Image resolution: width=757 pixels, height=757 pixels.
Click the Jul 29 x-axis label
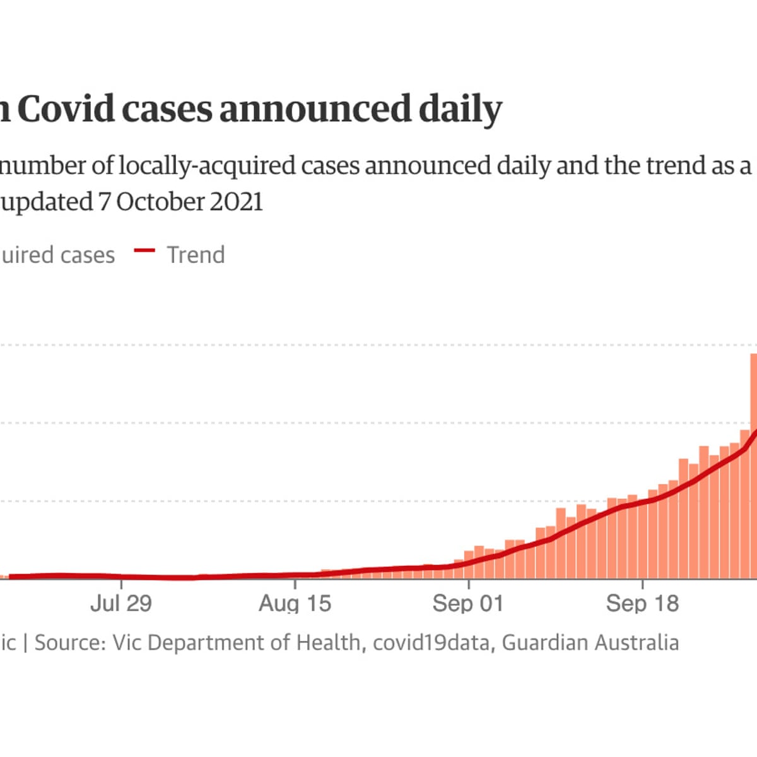click(x=121, y=604)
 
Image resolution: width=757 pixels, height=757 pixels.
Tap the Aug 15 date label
click(x=295, y=604)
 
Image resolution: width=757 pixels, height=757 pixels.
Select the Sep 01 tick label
click(x=468, y=604)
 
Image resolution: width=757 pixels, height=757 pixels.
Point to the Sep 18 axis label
click(x=642, y=604)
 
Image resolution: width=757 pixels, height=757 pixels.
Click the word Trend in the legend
click(x=196, y=255)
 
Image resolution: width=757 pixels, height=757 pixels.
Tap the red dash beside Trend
click(x=144, y=251)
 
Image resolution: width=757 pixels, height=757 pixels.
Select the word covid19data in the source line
click(x=431, y=643)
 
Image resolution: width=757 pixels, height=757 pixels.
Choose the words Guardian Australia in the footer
click(x=590, y=643)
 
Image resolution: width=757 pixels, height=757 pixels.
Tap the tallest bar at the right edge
click(x=753, y=467)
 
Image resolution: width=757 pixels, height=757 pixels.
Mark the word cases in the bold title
click(x=167, y=109)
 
